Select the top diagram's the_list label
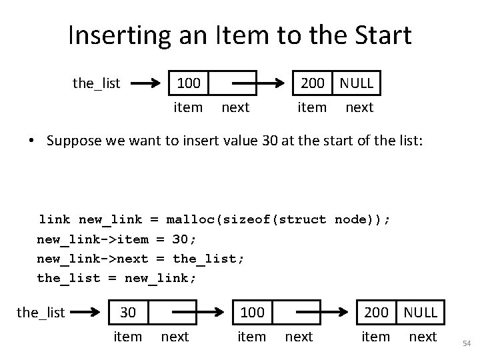(x=96, y=83)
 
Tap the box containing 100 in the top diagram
(x=188, y=83)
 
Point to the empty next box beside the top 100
(x=233, y=83)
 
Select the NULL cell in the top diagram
(x=357, y=83)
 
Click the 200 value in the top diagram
(x=312, y=83)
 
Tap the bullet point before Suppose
(x=31, y=141)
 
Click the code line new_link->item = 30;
(x=117, y=239)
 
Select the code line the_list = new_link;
(x=117, y=277)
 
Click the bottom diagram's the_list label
(x=40, y=312)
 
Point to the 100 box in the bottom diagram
(x=251, y=312)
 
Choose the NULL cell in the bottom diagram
(x=421, y=312)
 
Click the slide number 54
(x=467, y=343)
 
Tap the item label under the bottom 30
(x=128, y=337)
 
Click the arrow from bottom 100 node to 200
(x=323, y=312)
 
